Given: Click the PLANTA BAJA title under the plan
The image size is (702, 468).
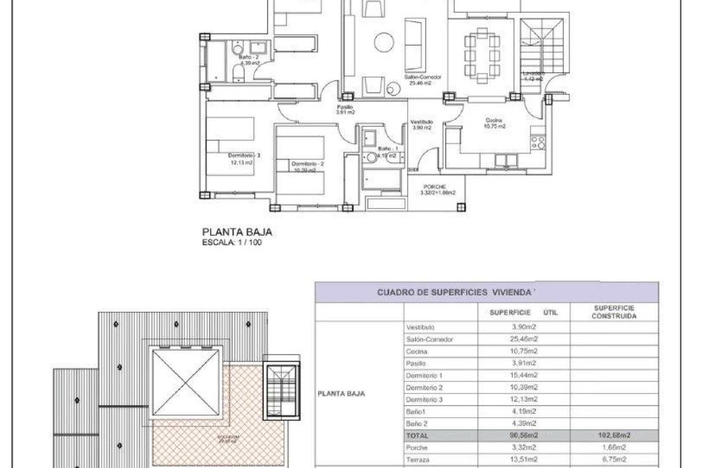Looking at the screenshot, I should (x=237, y=232).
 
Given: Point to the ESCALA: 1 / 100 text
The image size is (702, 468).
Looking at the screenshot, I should (x=232, y=242).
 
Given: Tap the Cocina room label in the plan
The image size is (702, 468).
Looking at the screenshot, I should (x=494, y=120).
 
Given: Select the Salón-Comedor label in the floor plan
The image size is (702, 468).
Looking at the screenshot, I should (x=422, y=78).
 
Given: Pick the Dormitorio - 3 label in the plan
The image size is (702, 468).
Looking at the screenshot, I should (x=244, y=156).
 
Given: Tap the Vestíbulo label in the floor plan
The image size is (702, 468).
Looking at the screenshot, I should (x=422, y=122).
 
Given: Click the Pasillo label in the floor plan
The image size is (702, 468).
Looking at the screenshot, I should (x=345, y=107).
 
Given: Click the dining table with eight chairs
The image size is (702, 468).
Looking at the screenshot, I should (x=482, y=56).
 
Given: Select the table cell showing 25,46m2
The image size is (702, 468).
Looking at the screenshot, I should (x=524, y=339).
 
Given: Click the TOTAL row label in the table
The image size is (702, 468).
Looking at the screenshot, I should (x=417, y=436).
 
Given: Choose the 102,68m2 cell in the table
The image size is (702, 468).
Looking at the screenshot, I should (x=614, y=435).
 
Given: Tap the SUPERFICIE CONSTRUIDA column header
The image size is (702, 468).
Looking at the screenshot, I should (x=614, y=312).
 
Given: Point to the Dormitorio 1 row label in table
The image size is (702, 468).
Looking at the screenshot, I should (x=424, y=375).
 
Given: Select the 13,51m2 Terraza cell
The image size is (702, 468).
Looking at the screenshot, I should (x=524, y=460).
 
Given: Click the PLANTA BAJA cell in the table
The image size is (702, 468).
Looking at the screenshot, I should (x=341, y=394).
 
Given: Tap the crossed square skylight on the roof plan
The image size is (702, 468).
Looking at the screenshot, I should (x=186, y=382).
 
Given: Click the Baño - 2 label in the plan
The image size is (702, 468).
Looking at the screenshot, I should (x=249, y=57).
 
